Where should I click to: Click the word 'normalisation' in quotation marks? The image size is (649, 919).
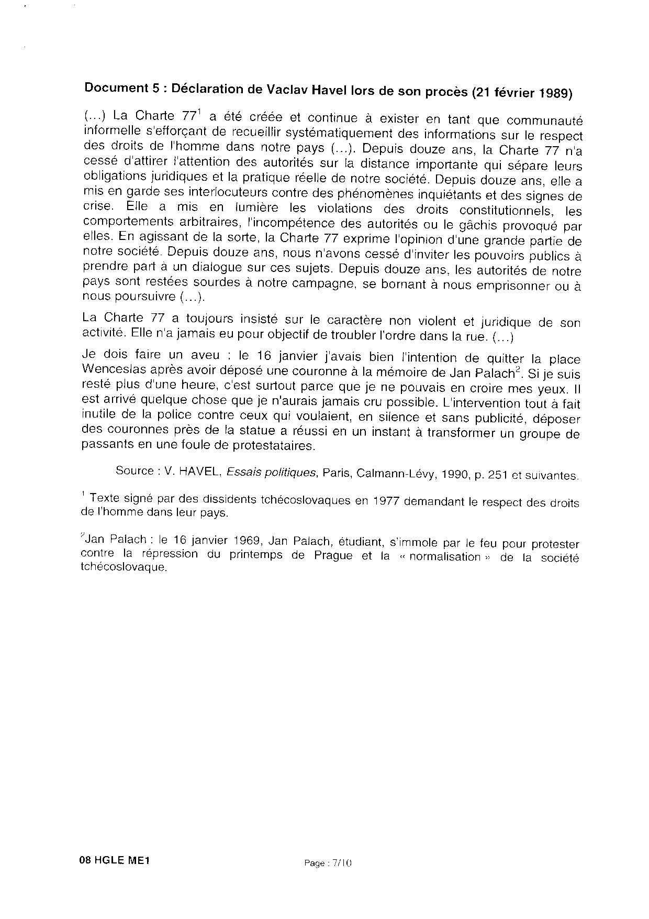point(444,556)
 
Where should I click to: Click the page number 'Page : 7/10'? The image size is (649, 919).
point(328,863)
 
